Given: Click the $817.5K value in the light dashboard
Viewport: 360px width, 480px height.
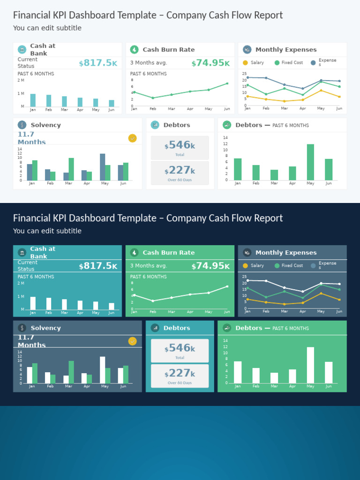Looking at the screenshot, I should click(x=98, y=63).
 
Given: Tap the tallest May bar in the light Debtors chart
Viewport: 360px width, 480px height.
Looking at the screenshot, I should click(x=310, y=162).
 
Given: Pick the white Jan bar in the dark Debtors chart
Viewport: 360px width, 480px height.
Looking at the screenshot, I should click(x=238, y=372).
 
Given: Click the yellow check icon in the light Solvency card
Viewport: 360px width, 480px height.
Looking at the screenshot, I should click(x=132, y=138).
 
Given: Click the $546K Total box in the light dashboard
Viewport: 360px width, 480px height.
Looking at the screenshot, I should click(x=180, y=148).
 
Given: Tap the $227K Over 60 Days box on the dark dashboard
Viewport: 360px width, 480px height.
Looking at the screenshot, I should click(x=180, y=375).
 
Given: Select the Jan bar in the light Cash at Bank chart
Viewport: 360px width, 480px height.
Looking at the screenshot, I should click(x=33, y=100).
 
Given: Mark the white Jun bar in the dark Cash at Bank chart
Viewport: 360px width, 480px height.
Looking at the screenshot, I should click(x=112, y=306).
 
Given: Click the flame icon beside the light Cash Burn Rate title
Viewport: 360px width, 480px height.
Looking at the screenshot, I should click(x=134, y=50).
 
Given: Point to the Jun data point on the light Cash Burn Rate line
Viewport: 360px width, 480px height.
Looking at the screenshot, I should click(x=227, y=83).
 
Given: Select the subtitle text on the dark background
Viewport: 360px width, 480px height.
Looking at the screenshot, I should click(x=47, y=231).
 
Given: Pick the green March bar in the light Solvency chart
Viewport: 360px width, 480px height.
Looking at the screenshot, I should click(x=71, y=169).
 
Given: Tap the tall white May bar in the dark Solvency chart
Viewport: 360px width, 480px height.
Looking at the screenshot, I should click(x=102, y=370).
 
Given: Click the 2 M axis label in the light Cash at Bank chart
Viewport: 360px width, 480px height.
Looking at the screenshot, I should click(x=21, y=80).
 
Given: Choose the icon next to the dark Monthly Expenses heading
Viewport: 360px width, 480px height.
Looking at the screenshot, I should click(x=247, y=253).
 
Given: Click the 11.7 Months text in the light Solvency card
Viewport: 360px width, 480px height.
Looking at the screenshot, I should click(x=32, y=138).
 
